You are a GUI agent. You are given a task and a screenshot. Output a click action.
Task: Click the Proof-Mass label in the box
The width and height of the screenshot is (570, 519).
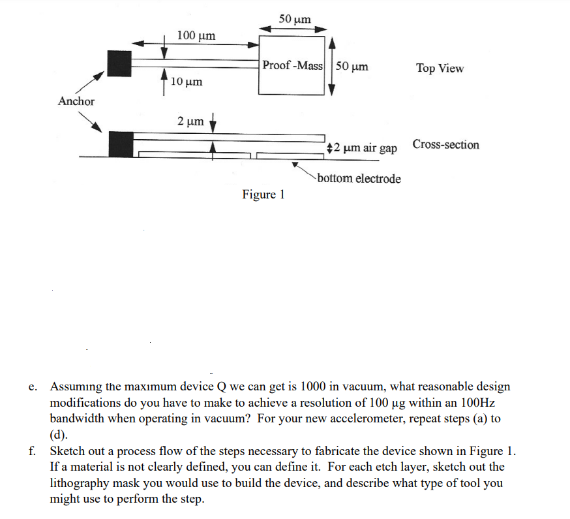(x=293, y=66)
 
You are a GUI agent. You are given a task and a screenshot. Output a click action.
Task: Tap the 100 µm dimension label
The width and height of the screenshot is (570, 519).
(x=196, y=35)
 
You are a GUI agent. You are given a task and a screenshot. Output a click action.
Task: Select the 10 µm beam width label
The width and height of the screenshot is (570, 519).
(x=187, y=82)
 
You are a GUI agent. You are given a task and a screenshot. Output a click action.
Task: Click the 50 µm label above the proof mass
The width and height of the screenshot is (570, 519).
(x=295, y=19)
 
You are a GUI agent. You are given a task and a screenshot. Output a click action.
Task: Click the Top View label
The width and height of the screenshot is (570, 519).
(x=440, y=69)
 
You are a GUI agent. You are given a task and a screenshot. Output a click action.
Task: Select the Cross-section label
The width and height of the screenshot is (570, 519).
(x=445, y=145)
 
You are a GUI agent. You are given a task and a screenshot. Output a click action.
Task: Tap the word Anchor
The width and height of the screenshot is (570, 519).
(x=76, y=101)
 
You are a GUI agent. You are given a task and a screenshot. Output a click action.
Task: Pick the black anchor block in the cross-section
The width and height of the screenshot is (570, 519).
(x=121, y=143)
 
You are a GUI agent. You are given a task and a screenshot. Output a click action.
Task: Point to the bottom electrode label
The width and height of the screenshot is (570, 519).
(x=359, y=179)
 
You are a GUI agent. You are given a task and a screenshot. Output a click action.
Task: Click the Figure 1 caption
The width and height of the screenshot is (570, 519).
(x=263, y=195)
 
